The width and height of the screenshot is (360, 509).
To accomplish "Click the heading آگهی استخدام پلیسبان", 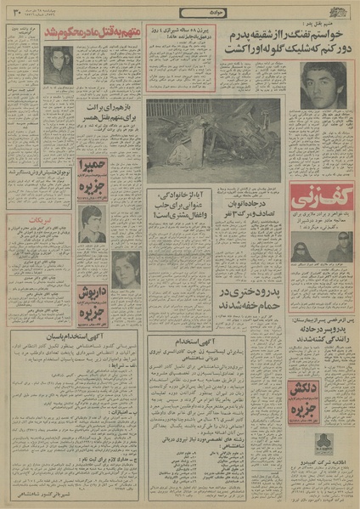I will (74, 335).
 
